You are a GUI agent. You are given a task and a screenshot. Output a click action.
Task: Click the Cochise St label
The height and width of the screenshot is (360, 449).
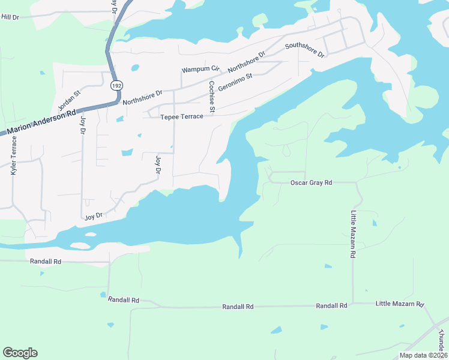click(212, 95)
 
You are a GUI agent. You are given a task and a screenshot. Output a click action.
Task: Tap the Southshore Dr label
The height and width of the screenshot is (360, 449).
click(304, 50)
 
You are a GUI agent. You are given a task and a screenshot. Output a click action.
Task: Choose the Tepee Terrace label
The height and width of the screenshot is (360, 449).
click(181, 116)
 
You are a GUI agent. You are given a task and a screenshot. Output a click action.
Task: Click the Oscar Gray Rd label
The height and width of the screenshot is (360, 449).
click(311, 182)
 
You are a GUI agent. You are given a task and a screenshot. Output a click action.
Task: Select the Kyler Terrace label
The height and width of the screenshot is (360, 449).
click(13, 155)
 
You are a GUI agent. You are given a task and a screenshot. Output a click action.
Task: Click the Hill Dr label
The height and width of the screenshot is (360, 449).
click(10, 17)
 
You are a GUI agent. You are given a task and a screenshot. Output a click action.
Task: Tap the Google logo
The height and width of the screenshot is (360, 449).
click(20, 353)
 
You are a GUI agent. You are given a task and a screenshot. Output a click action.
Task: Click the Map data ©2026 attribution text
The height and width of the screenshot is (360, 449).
click(423, 355)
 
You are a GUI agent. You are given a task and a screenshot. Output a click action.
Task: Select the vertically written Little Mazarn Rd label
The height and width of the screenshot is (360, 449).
click(354, 234)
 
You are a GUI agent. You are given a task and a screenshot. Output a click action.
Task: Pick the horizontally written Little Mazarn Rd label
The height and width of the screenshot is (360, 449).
click(400, 304)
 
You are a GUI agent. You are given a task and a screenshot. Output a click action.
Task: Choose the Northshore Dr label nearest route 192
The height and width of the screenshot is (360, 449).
click(142, 97)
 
